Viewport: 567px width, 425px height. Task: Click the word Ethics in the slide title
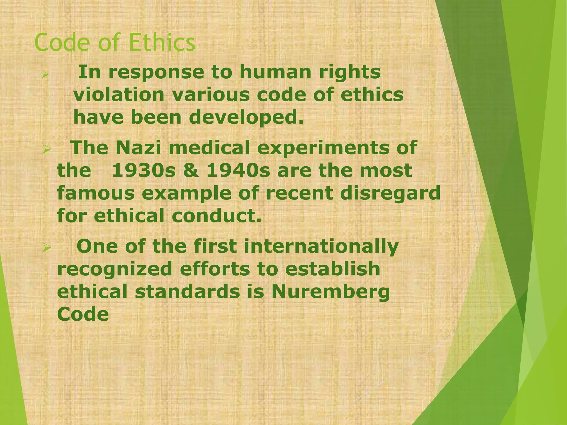point(162,42)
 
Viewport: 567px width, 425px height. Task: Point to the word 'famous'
point(96,193)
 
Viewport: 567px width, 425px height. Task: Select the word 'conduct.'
point(217,216)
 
